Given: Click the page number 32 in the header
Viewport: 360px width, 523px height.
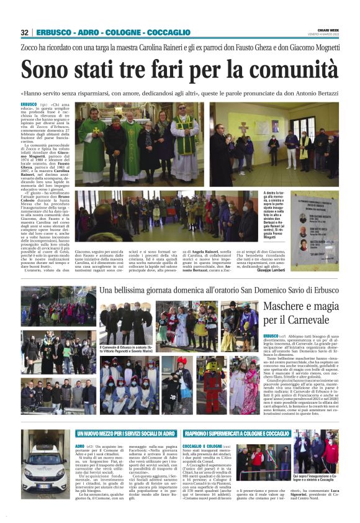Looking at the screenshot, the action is (25, 32).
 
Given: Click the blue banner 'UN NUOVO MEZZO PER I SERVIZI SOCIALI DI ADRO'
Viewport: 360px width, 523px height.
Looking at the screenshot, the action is (126, 433).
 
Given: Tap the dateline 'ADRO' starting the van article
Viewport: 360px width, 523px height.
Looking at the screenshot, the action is (79, 445).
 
